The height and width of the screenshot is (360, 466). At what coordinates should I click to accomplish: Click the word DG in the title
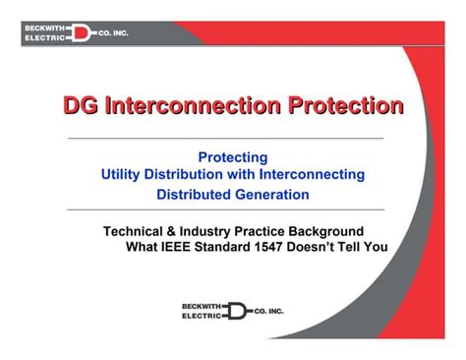pos(81,105)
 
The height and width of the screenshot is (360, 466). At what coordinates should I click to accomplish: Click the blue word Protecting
pos(233,157)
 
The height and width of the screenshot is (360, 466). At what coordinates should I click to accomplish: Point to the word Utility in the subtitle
pos(124,175)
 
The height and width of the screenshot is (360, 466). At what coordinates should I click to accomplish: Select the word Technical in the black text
pos(134,231)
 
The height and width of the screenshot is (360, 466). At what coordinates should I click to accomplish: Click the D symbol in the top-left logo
pos(81,33)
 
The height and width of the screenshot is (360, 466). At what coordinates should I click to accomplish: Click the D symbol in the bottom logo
pos(237,312)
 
